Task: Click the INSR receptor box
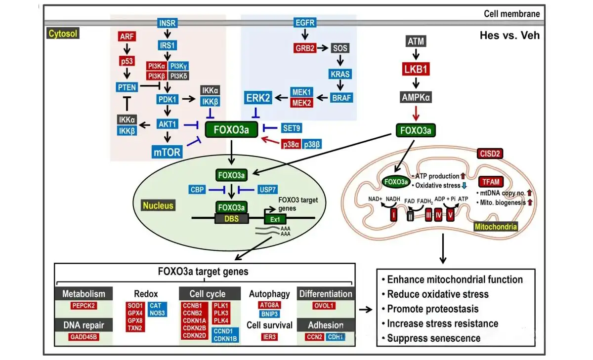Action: [x=168, y=23]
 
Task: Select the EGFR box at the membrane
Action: [x=304, y=22]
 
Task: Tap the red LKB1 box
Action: [x=416, y=69]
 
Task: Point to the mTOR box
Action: [x=168, y=152]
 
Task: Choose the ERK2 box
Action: [x=258, y=98]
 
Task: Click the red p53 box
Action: [x=127, y=61]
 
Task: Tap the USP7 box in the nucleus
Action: [x=269, y=190]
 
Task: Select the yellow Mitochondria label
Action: [x=496, y=227]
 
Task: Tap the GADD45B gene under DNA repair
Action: [x=84, y=337]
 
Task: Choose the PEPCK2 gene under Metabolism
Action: [x=84, y=306]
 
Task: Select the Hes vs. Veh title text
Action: [x=509, y=35]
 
